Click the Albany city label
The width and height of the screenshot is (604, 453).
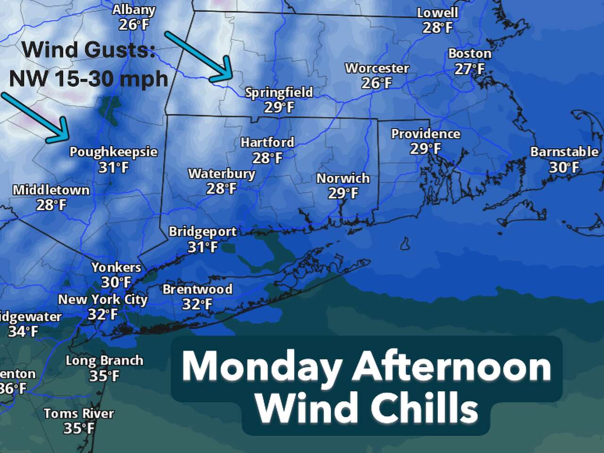click(134, 9)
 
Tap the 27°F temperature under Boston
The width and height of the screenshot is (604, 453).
click(470, 69)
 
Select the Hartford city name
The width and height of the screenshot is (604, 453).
click(267, 142)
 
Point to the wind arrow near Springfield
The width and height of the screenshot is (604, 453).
click(198, 55)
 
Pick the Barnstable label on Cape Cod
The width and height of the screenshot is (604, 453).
click(564, 152)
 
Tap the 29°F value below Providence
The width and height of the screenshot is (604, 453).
click(425, 149)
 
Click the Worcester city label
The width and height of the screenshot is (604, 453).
click(377, 68)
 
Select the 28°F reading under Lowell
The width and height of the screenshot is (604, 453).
click(437, 28)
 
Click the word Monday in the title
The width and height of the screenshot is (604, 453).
click(262, 368)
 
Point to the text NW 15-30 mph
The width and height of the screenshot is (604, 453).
click(89, 78)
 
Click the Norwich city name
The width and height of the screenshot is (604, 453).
click(343, 178)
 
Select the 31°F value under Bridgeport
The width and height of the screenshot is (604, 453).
click(202, 247)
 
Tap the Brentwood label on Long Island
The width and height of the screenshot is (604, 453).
click(197, 289)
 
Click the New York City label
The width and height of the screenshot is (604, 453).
click(103, 299)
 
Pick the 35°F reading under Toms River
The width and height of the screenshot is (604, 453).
click(79, 428)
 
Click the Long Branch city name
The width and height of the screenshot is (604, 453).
click(104, 360)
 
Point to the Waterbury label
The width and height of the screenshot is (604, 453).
click(221, 173)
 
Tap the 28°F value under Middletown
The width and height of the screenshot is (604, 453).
click(51, 205)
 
